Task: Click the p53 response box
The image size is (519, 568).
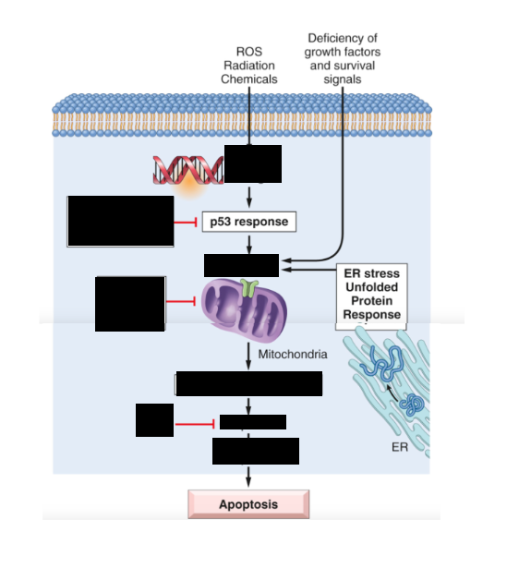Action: tap(248, 222)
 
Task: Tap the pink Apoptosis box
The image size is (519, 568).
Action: tap(248, 504)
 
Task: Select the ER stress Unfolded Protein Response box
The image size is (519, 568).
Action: tap(371, 296)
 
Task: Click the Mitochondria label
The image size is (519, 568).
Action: tap(293, 354)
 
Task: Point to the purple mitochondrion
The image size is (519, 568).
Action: tap(244, 311)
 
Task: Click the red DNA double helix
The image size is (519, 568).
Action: tap(188, 170)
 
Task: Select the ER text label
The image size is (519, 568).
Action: tap(400, 447)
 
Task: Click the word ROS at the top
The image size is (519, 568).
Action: tap(249, 52)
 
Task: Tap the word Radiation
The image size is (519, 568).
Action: tap(249, 66)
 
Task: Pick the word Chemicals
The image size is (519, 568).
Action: tap(249, 79)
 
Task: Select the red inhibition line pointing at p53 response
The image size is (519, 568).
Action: tap(186, 222)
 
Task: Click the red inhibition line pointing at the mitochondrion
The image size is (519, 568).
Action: tap(181, 301)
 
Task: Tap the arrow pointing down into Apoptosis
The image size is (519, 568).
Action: tap(248, 477)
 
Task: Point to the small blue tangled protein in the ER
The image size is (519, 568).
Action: tap(412, 404)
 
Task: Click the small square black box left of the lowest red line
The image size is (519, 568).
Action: tap(154, 420)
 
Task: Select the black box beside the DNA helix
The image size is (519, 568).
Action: tap(253, 163)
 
